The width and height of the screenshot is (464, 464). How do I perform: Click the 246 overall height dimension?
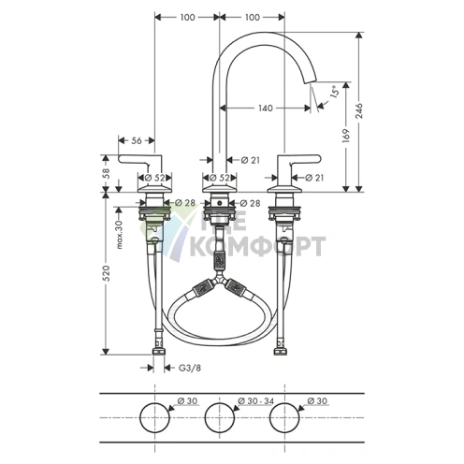[359, 110]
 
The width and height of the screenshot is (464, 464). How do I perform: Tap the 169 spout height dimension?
[346, 136]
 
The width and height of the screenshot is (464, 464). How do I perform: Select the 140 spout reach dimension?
[266, 109]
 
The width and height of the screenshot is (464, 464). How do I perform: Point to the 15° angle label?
[334, 92]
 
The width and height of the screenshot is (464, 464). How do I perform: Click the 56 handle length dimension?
[137, 140]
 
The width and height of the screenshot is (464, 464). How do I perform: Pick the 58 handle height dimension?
[107, 172]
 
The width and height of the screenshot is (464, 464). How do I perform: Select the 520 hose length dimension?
[107, 273]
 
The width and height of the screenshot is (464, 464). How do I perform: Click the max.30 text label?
[120, 233]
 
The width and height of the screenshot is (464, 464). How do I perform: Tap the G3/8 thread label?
[190, 368]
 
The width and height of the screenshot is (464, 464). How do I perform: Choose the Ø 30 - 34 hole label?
[255, 401]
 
